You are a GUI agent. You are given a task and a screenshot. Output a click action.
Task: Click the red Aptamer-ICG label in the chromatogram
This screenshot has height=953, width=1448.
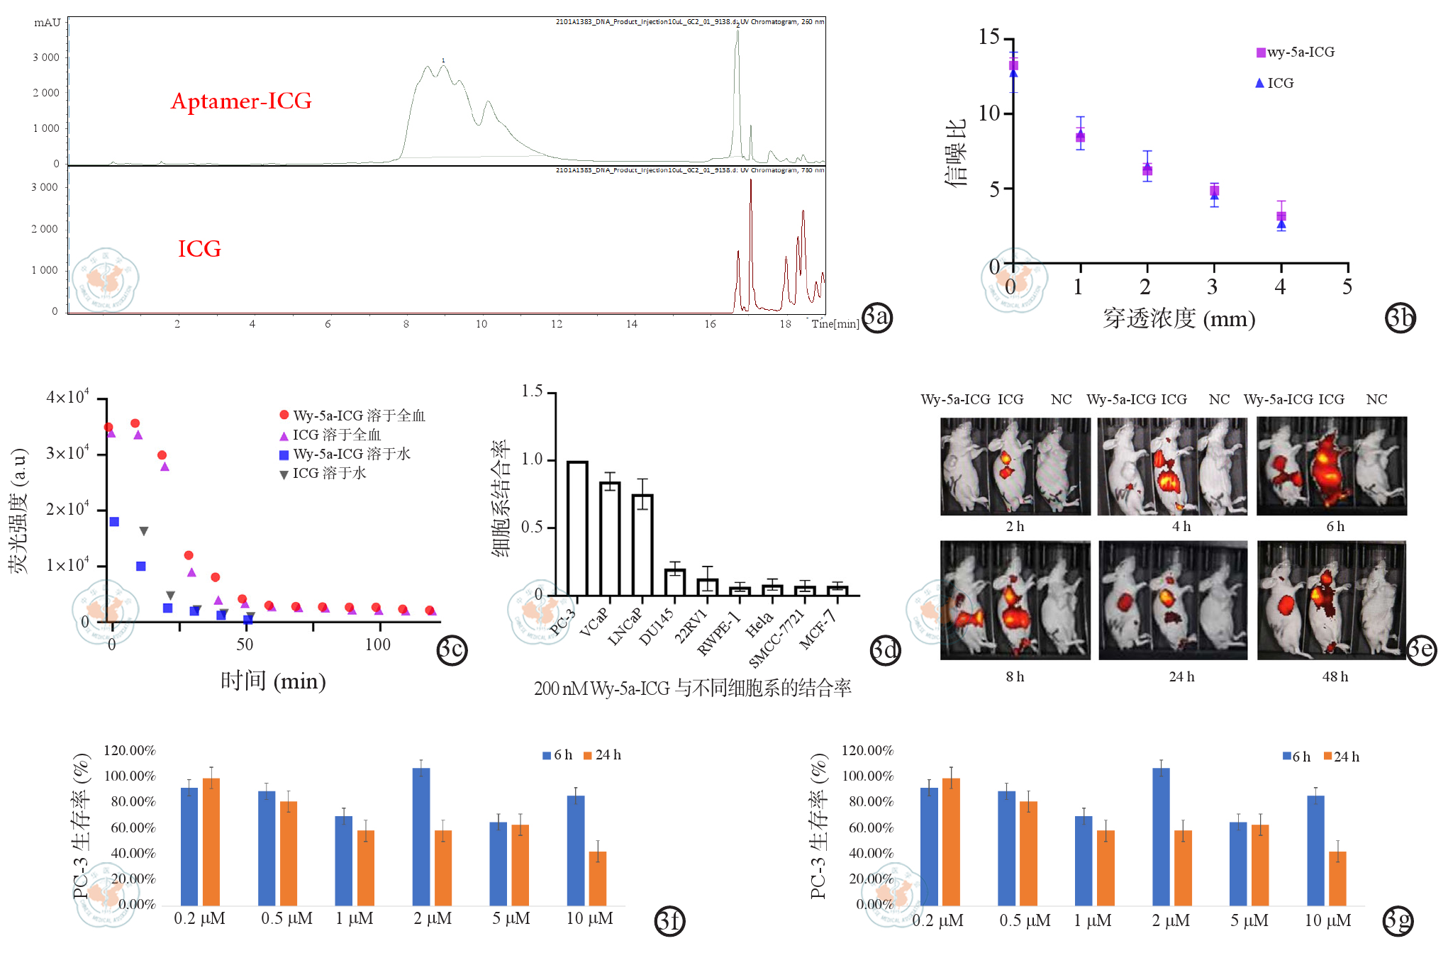click(x=241, y=101)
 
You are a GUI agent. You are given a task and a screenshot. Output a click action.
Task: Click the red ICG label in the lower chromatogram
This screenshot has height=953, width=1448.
click(x=199, y=249)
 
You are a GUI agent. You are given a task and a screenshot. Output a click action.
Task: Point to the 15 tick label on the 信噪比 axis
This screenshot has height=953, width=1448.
click(x=988, y=37)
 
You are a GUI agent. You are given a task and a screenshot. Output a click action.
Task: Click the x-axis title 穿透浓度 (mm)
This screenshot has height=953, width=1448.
click(x=1179, y=319)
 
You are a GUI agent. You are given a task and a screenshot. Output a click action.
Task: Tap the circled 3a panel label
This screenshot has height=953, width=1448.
click(x=877, y=316)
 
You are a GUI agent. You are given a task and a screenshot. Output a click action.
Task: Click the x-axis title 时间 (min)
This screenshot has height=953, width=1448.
click(x=273, y=681)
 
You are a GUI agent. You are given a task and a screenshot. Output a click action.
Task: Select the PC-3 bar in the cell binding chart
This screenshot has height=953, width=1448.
click(x=577, y=528)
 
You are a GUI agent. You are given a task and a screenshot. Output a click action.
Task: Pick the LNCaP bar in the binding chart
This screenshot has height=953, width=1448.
click(x=642, y=545)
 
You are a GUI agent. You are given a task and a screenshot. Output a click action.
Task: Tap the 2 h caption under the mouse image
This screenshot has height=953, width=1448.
click(x=1015, y=526)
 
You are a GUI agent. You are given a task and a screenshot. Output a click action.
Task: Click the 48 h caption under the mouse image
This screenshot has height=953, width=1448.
click(x=1335, y=676)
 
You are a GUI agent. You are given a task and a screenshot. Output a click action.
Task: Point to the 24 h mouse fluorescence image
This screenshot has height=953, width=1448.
click(x=1173, y=601)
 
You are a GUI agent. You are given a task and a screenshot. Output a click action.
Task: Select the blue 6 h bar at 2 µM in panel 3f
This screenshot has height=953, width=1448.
click(x=421, y=837)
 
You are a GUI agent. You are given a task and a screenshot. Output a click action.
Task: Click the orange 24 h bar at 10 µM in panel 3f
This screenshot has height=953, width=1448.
click(x=598, y=879)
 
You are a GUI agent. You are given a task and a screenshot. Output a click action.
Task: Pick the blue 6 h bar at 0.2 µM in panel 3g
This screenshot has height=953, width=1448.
click(x=929, y=847)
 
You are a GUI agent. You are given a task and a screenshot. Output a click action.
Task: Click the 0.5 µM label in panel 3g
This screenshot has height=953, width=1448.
click(x=1025, y=921)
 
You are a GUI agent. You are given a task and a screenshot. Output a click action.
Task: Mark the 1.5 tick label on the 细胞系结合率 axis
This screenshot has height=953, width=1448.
click(x=532, y=391)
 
